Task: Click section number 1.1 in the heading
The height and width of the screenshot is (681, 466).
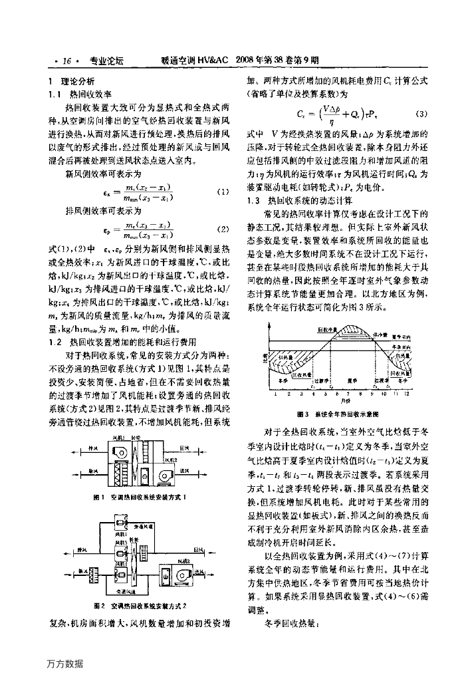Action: pos(55,94)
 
